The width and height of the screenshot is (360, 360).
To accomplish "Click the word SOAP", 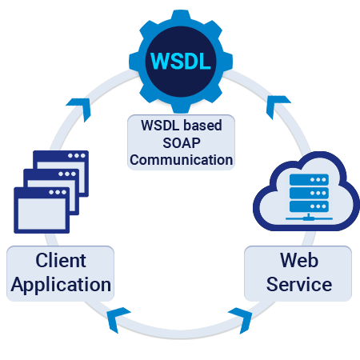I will click(181, 144).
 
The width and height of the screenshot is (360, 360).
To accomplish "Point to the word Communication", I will click(181, 159).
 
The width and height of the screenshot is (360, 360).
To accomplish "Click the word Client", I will click(61, 261).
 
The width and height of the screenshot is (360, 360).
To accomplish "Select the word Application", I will click(61, 284).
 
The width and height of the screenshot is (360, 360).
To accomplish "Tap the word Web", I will click(298, 261).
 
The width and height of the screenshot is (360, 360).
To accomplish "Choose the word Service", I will click(298, 284).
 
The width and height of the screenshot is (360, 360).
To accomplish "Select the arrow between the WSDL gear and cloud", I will click(278, 103).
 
